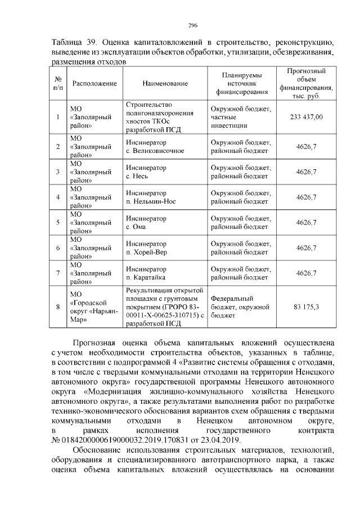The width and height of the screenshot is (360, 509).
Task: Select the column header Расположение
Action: [x=94, y=83]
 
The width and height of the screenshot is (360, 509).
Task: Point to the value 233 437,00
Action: [x=306, y=117]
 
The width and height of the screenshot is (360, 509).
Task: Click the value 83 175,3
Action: [x=306, y=307]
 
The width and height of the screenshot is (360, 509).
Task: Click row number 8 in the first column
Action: [x=58, y=307]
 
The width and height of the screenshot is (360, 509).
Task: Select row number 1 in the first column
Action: [x=58, y=117]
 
